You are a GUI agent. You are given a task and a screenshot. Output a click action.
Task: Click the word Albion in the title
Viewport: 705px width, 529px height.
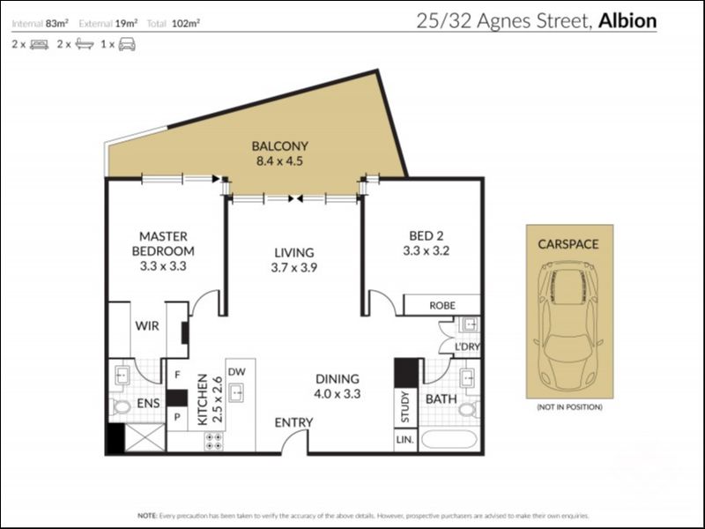pyautogui.click(x=627, y=20)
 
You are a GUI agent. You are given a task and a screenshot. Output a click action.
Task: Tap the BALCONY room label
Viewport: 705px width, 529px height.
pyautogui.click(x=278, y=146)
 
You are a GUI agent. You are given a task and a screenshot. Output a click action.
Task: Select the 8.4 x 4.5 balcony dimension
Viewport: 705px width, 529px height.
pyautogui.click(x=278, y=162)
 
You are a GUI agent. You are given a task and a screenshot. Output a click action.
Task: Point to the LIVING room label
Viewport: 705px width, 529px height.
pyautogui.click(x=294, y=252)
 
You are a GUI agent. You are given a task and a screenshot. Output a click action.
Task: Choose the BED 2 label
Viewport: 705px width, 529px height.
pyautogui.click(x=427, y=235)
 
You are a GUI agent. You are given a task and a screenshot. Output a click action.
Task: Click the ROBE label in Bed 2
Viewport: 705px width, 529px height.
pyautogui.click(x=442, y=305)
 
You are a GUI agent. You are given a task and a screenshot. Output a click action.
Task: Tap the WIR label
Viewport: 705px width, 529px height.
pyautogui.click(x=147, y=325)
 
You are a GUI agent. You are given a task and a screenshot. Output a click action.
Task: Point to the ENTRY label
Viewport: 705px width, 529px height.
pyautogui.click(x=293, y=423)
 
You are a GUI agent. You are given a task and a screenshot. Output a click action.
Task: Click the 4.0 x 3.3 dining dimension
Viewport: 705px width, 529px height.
pyautogui.click(x=338, y=394)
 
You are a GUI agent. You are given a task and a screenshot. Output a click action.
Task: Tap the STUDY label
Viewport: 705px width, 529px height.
pyautogui.click(x=405, y=406)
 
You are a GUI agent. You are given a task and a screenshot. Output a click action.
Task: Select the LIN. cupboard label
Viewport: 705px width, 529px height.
pyautogui.click(x=405, y=439)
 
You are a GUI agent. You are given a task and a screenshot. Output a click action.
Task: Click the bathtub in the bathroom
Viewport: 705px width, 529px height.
pyautogui.click(x=449, y=439)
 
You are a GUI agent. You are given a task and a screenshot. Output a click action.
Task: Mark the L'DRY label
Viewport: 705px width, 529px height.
pyautogui.click(x=466, y=347)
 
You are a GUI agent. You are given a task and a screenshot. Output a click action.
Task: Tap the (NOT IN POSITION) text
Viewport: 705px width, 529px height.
pyautogui.click(x=569, y=407)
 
